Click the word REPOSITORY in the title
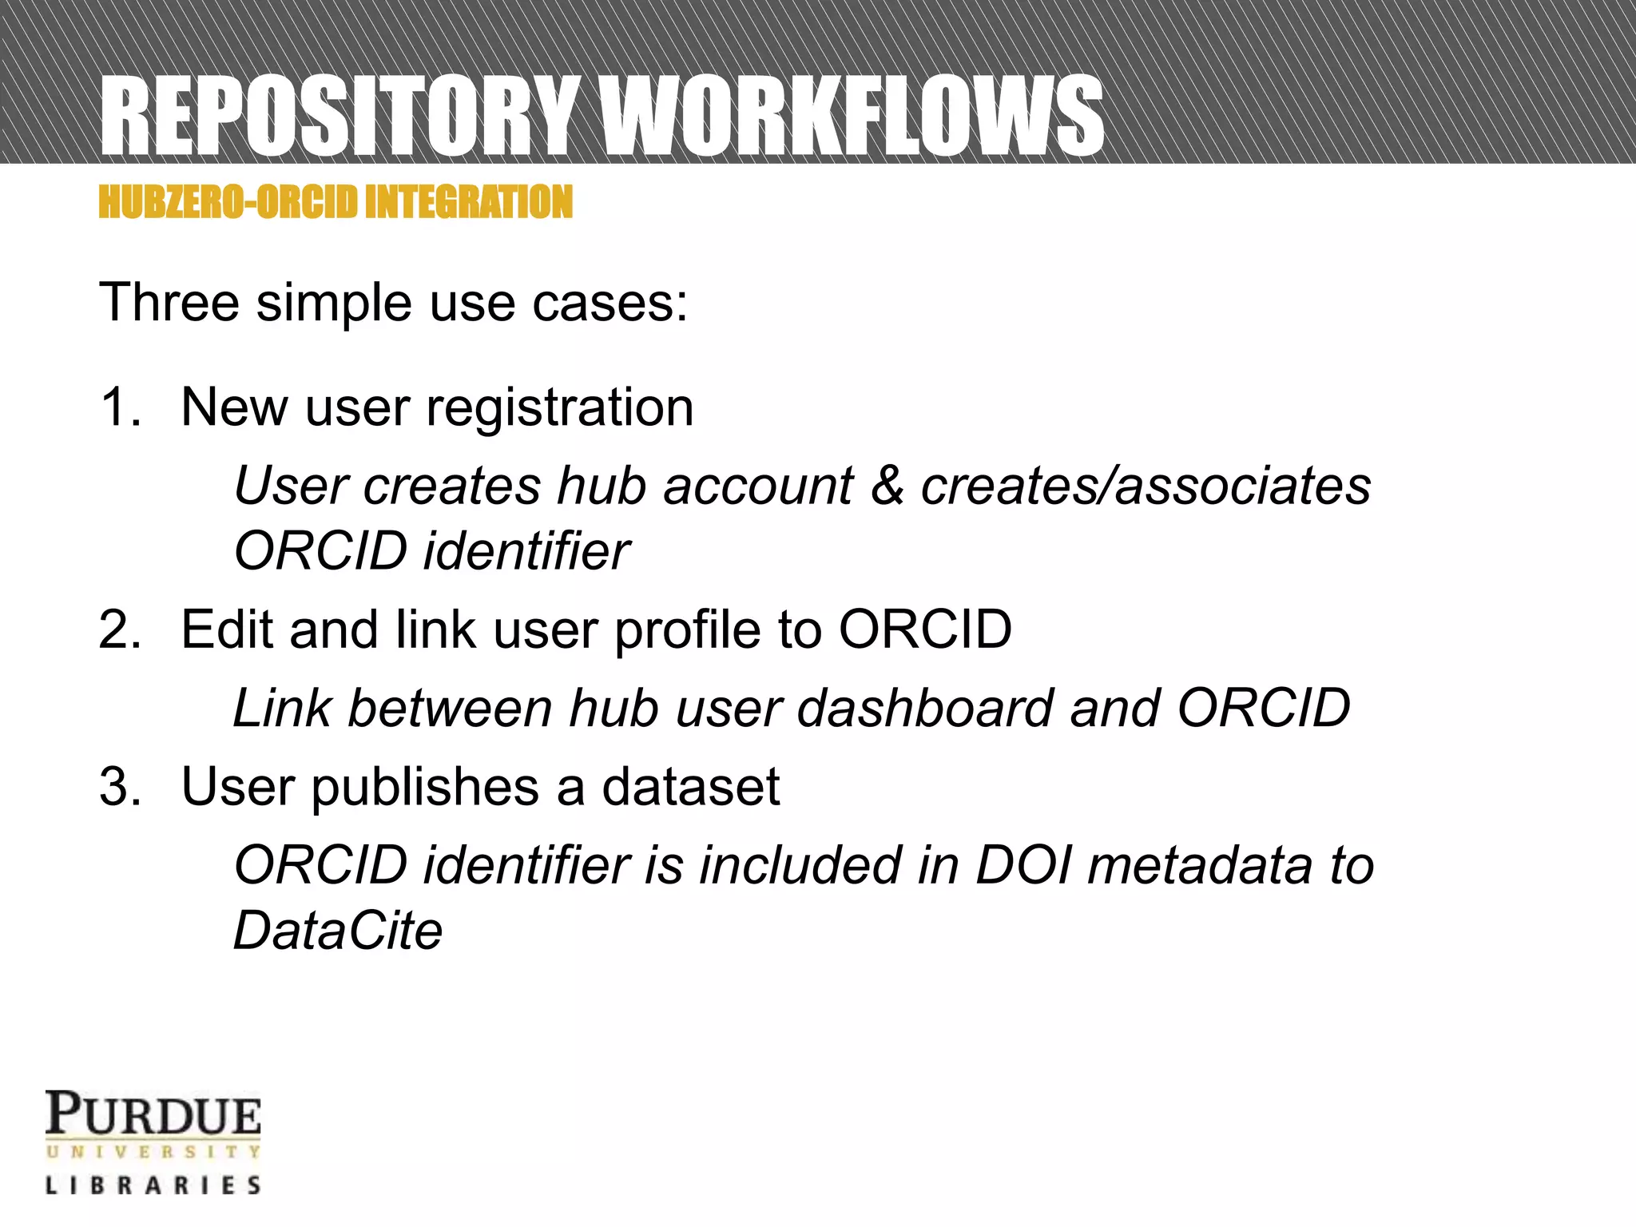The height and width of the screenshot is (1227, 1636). coord(340,116)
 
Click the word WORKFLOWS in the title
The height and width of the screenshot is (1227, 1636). coord(853,116)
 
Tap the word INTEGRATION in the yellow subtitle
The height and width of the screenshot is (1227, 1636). coord(469,201)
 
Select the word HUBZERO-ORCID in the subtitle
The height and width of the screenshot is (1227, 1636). coord(228,201)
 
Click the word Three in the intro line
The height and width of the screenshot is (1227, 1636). coord(169,303)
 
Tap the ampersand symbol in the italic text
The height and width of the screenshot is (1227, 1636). coord(887,486)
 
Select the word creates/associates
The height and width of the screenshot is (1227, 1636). coord(1146,486)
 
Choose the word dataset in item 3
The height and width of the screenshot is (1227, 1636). coord(690,787)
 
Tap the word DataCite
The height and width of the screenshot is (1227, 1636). coord(337,931)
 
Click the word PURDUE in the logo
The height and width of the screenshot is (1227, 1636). coord(153,1114)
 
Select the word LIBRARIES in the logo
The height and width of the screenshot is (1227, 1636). coord(153,1185)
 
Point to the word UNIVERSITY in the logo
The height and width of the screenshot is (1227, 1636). coord(153,1152)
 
